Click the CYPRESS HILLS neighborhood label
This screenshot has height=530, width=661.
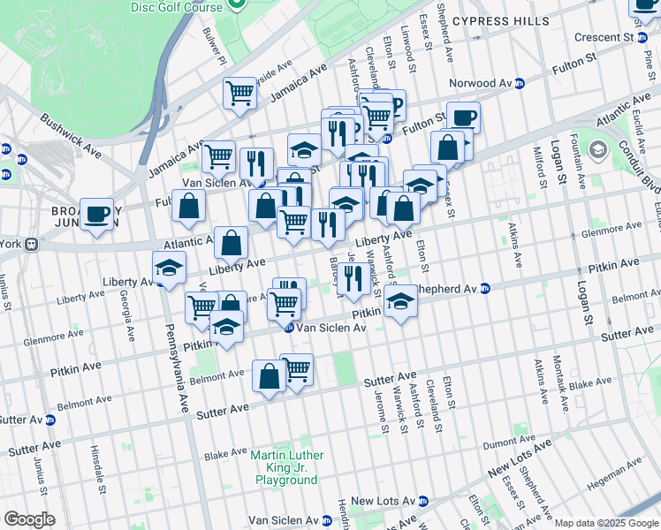coord(499,20)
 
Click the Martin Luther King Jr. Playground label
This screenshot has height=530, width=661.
coord(286,467)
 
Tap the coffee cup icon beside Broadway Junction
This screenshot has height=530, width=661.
coord(97,215)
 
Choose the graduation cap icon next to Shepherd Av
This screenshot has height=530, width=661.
coord(400,301)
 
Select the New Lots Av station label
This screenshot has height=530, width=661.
coord(383,501)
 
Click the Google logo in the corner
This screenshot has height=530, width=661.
coord(29,519)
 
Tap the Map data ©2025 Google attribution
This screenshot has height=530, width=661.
coord(606,523)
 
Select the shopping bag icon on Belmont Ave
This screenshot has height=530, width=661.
coord(269,375)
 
